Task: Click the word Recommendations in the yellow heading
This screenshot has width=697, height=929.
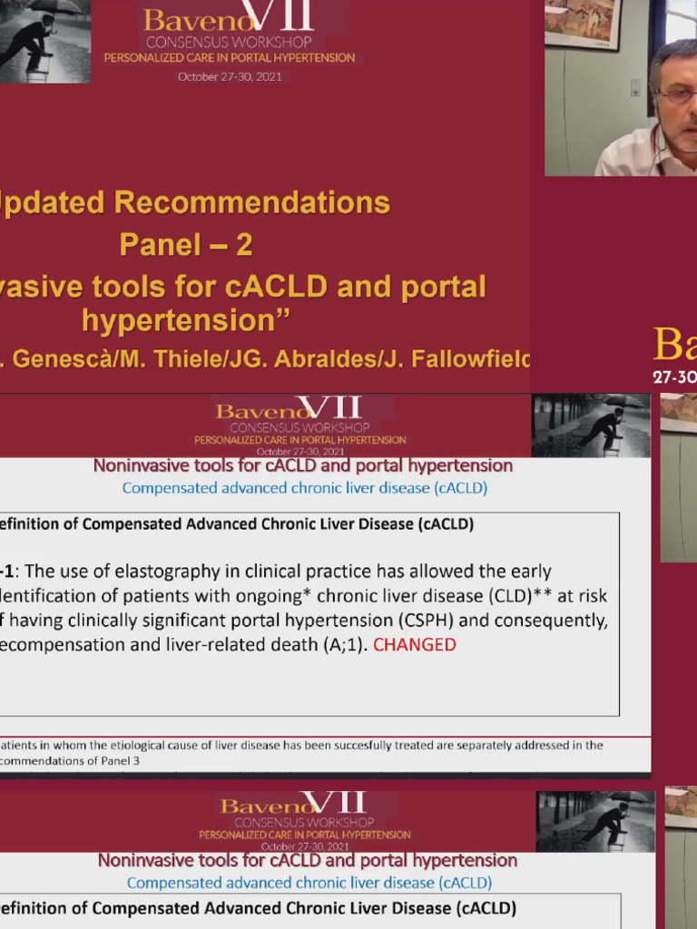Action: point(253,202)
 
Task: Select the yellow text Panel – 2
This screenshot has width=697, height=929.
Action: point(186,245)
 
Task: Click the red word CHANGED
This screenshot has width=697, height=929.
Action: point(415,645)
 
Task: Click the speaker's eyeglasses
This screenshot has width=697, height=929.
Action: point(679,94)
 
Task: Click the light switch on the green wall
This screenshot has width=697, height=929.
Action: point(635,87)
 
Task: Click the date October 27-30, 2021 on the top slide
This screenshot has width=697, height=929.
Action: point(230,77)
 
